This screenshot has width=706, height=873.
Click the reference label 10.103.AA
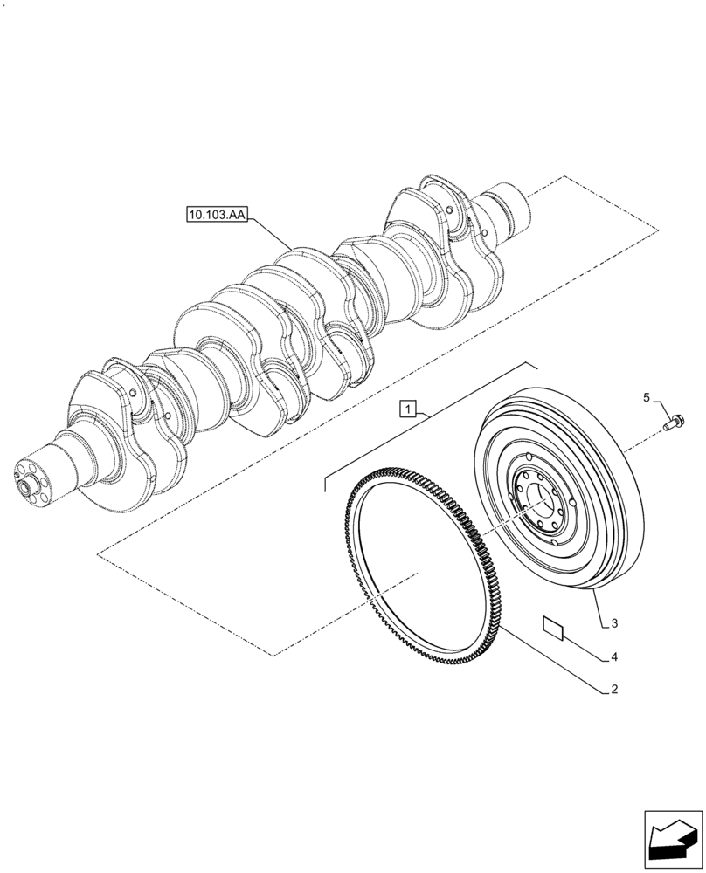216,212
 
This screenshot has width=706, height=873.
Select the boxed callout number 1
410,408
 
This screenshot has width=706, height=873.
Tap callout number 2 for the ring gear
614,689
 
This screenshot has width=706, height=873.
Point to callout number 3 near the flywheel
614,623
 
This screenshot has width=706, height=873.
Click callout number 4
614,656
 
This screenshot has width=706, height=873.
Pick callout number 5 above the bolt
647,398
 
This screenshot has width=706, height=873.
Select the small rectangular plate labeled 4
552,624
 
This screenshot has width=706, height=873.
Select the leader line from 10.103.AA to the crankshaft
273,232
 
